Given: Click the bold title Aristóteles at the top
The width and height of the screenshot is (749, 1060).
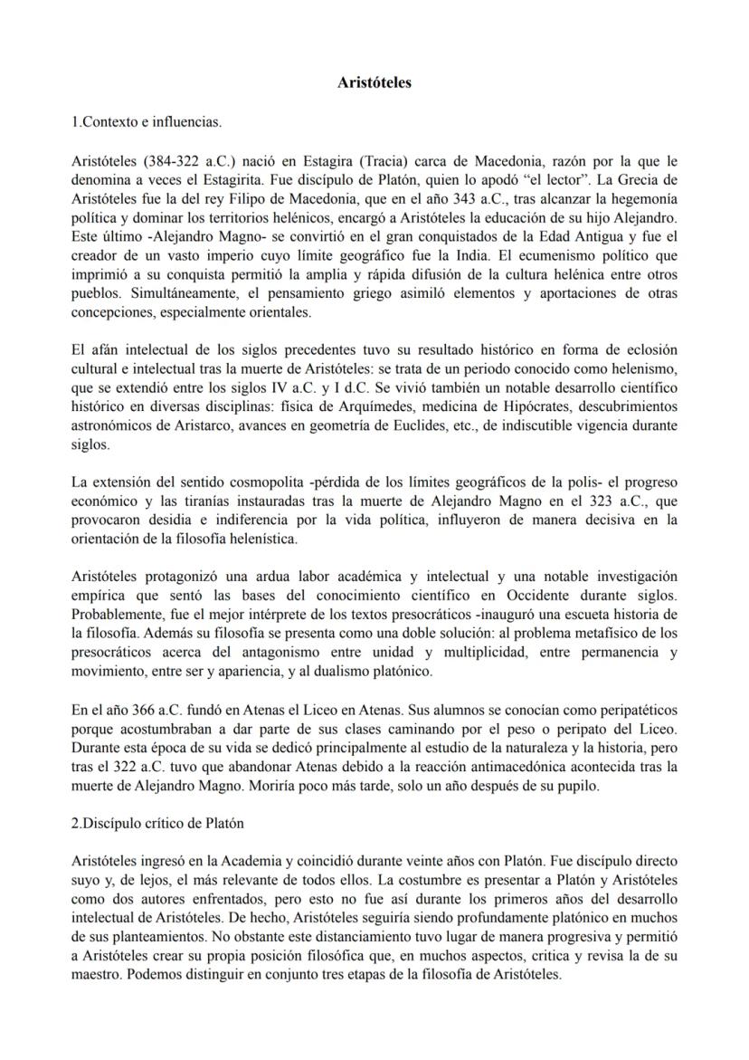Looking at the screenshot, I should [374, 82].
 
